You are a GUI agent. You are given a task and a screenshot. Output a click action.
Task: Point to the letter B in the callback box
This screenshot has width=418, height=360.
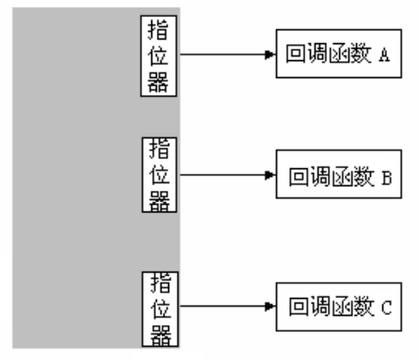coord(384,176)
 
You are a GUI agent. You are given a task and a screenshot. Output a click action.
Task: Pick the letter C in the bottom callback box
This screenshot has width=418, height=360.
coord(384,307)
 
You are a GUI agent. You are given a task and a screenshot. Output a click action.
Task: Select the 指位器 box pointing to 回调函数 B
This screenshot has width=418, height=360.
coord(160,175)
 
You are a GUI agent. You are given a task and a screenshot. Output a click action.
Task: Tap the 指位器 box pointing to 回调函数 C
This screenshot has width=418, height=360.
coord(160,308)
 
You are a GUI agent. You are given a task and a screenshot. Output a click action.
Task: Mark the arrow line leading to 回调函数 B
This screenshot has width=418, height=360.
coord(221,175)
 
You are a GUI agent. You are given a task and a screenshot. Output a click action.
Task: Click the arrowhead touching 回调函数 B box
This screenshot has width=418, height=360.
coord(271,175)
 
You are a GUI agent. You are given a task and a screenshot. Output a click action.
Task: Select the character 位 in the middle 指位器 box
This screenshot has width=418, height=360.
coord(160,175)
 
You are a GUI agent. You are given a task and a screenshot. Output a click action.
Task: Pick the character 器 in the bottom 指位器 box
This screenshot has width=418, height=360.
coord(160,333)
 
